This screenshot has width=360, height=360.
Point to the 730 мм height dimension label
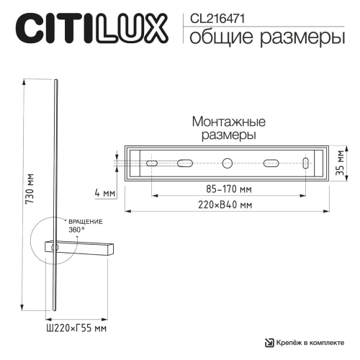29,191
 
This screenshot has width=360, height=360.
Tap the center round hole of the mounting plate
227,163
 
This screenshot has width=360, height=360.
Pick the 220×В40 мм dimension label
227,205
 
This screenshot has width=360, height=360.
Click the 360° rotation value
77,229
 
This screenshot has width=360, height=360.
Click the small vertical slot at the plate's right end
307,163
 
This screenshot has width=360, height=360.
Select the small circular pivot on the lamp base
54,247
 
